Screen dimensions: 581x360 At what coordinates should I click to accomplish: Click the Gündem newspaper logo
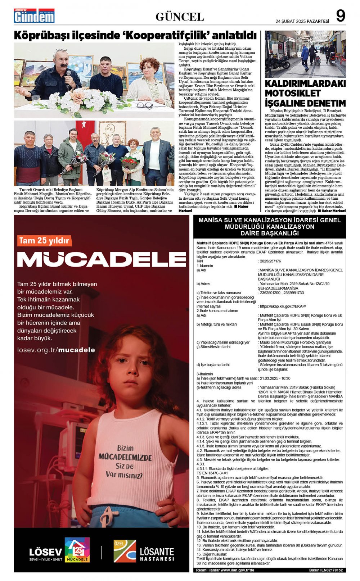(34, 16)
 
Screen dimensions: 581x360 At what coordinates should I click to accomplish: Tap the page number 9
(340, 16)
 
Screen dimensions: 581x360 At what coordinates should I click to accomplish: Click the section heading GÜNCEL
(180, 17)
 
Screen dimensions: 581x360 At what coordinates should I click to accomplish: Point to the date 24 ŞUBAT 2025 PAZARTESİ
(302, 21)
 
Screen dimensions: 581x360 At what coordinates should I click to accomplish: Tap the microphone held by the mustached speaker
(68, 77)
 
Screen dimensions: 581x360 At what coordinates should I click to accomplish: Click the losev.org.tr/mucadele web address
(56, 350)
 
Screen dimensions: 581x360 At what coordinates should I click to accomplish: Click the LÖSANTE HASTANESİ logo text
(156, 554)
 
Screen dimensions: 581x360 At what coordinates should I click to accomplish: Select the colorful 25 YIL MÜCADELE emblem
(77, 550)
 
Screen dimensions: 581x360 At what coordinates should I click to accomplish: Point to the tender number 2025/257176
(269, 261)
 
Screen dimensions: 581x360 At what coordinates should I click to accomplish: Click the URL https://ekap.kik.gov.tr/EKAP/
(283, 306)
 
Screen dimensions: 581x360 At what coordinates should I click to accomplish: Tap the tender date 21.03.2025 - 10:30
(275, 378)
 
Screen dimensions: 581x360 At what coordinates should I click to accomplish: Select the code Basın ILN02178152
(326, 570)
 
